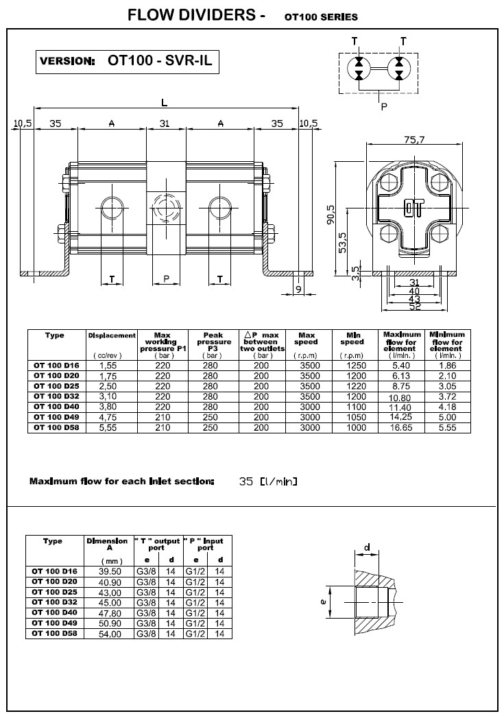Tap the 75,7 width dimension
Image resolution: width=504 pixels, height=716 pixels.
pos(414,139)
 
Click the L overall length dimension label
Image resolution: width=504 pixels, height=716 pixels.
pos(164,102)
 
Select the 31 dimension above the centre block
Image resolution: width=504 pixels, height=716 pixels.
pos(165,123)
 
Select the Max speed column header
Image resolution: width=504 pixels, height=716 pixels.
pos(306,338)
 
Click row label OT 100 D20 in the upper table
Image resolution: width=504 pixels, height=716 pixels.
pos(56,377)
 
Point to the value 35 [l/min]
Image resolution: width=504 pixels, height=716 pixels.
pos(268,481)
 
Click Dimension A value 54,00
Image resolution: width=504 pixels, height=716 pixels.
pos(110,634)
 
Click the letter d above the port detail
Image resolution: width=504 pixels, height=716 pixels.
pos(368,547)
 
